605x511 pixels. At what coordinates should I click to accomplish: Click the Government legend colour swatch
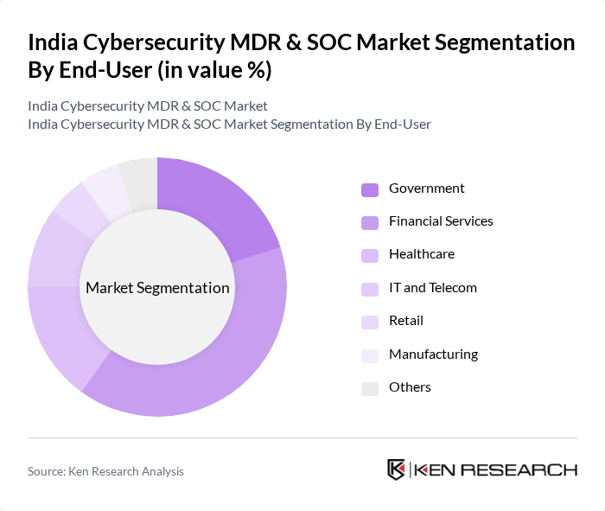pos(369,189)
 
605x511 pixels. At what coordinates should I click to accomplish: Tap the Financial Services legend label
pos(441,221)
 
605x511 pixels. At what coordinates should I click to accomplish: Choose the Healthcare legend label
pos(421,254)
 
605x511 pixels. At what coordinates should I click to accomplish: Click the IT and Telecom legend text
pos(432,288)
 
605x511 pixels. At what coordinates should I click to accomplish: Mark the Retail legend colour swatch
pos(369,322)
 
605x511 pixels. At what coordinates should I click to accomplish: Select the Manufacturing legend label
pos(433,355)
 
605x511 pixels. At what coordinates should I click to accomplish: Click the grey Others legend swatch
pos(369,388)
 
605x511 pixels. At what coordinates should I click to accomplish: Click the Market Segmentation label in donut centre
pos(157,288)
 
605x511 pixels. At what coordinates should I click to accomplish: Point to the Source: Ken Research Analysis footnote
pos(105,471)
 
